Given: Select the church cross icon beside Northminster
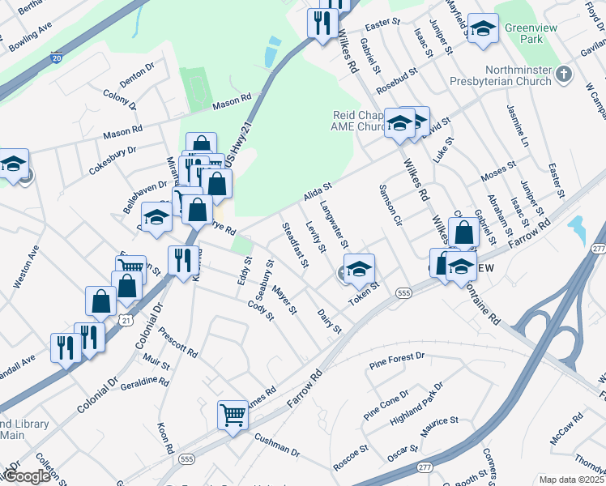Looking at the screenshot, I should pos(564,76).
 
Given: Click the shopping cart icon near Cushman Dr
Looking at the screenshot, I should pos(233,415).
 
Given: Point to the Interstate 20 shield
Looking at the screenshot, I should pos(55,58).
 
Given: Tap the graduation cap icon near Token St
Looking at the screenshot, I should pos(360,269).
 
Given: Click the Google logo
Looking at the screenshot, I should pos(26,476).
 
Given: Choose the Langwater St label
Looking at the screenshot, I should pos(335,225).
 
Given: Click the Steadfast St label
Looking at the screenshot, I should pos(294,244).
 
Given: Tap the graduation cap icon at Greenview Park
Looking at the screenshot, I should pos(483,30).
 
